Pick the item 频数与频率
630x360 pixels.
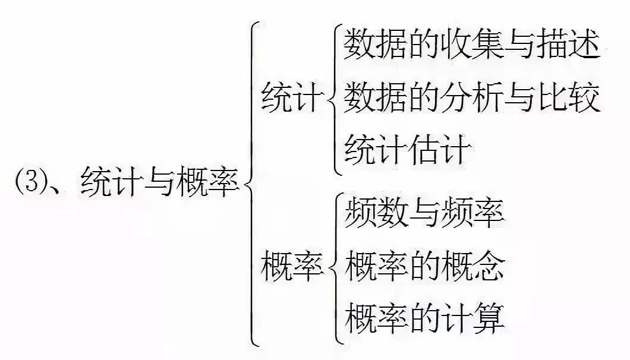pyautogui.click(x=424, y=214)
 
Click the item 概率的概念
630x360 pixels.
pyautogui.click(x=424, y=266)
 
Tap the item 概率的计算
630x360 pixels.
pyautogui.click(x=424, y=318)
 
